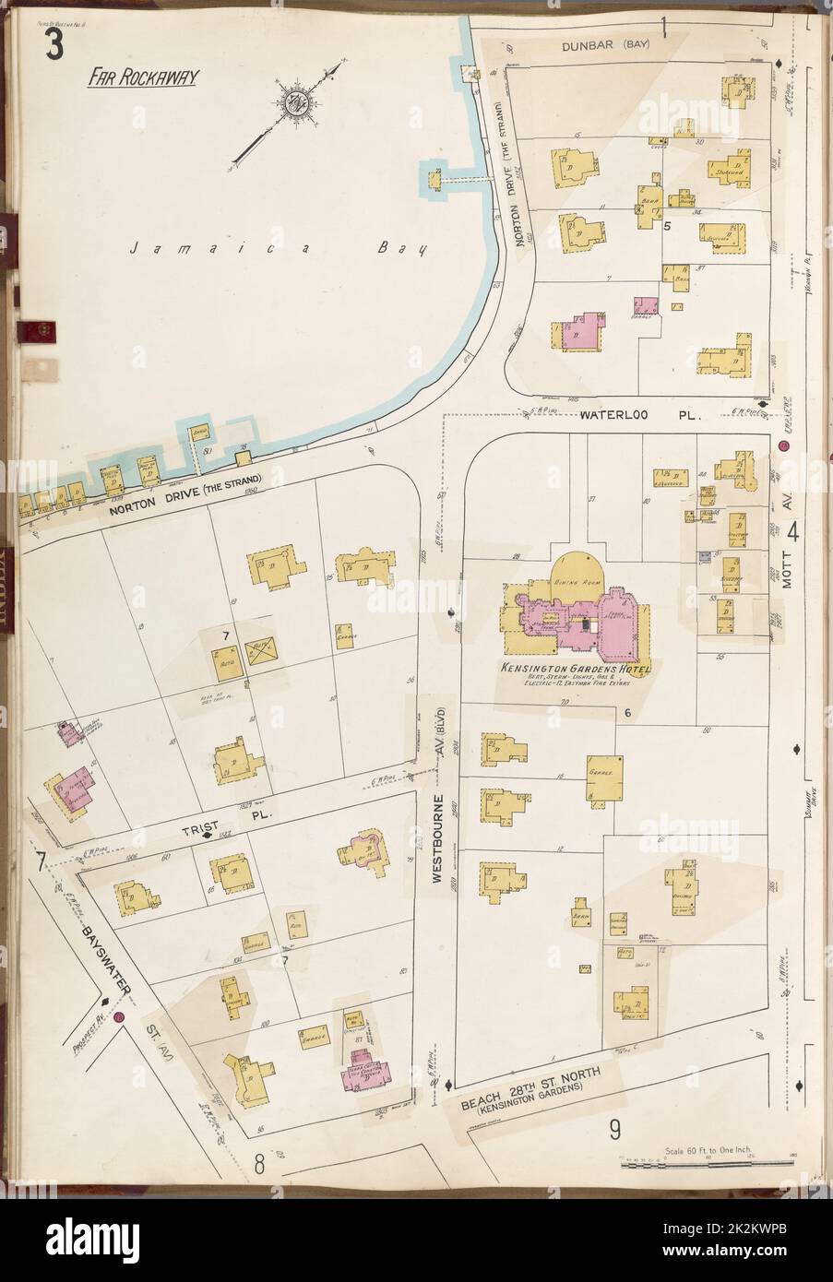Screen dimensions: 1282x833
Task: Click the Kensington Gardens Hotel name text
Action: (x=576, y=668)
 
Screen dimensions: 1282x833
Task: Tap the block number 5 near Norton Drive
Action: (x=665, y=225)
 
